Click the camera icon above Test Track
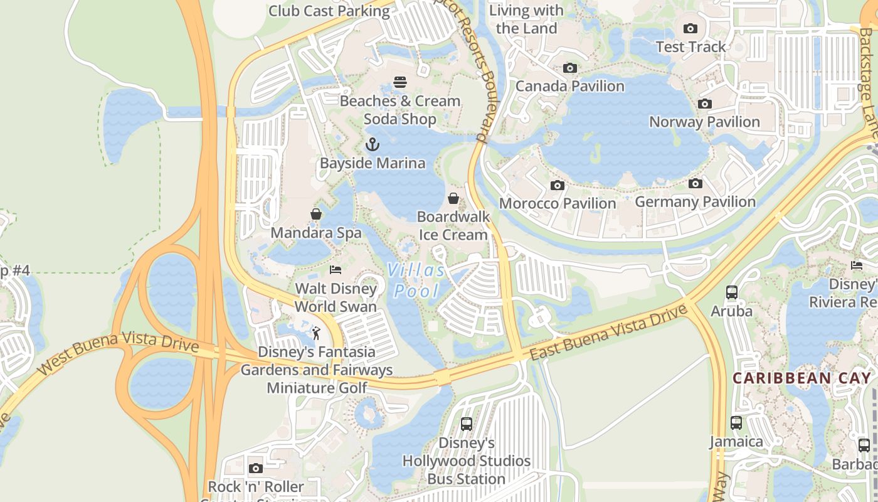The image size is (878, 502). [x=690, y=28]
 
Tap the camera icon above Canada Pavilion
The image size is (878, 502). [x=570, y=68]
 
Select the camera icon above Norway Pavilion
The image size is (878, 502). [x=705, y=104]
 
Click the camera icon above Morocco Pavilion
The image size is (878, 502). [x=557, y=185]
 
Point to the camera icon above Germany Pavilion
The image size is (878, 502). [x=695, y=183]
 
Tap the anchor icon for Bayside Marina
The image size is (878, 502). [x=373, y=145]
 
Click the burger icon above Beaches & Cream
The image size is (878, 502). [x=400, y=82]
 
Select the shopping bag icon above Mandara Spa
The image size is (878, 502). [x=316, y=215]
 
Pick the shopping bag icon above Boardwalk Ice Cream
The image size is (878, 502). [x=453, y=198]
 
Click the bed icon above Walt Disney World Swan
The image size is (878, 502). [x=336, y=270]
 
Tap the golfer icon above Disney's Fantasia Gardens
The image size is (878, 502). [x=317, y=333]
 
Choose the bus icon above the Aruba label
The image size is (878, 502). [x=731, y=292]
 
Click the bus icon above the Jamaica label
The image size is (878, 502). [x=736, y=423]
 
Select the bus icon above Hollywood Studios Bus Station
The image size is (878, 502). [x=466, y=424]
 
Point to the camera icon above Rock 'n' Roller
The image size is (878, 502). [x=255, y=468]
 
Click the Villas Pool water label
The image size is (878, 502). [x=416, y=280]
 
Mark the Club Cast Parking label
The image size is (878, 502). [x=329, y=11]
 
